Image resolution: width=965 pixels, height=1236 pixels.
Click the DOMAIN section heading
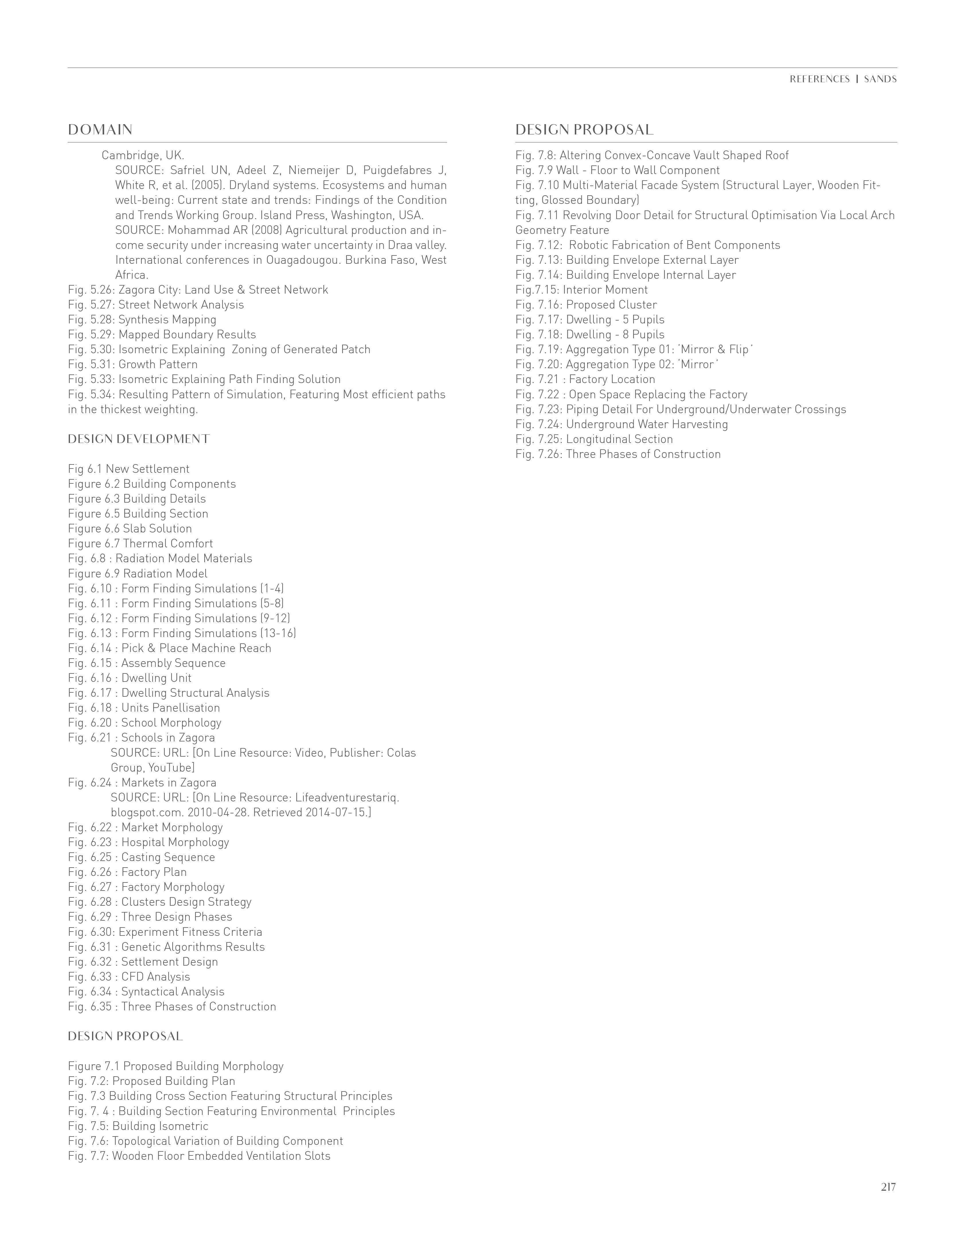(x=100, y=130)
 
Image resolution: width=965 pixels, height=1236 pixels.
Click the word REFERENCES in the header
(x=820, y=79)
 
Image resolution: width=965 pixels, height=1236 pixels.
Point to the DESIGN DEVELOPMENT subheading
(x=139, y=439)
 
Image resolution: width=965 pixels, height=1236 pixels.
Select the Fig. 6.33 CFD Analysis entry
(x=129, y=977)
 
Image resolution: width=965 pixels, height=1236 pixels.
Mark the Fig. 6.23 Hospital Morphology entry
(x=148, y=842)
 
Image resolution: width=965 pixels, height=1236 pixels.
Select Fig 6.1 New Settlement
(x=128, y=469)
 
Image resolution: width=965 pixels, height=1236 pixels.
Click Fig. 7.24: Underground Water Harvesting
(x=622, y=424)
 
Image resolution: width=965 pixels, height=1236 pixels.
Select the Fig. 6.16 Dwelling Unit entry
(x=130, y=678)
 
